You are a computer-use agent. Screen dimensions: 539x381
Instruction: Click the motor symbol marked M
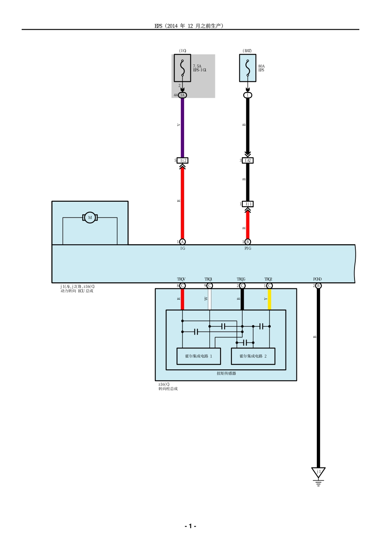pos(90,217)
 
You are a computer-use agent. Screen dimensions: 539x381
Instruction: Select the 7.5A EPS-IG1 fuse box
pos(182,68)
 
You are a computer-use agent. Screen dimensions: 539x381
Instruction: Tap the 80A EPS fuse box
pos(247,68)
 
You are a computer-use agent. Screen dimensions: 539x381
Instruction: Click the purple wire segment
pos(182,126)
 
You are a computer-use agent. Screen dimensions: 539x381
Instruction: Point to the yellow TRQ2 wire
pos(270,299)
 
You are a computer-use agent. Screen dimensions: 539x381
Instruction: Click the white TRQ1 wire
pos(209,299)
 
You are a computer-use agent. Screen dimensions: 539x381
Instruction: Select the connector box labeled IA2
pos(248,160)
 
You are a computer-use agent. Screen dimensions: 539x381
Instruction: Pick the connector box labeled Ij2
pos(182,160)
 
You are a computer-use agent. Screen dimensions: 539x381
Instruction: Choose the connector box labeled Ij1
pos(248,204)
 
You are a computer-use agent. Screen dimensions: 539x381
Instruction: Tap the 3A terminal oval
pos(182,95)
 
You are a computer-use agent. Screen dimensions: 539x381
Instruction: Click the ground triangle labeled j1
pos(318,472)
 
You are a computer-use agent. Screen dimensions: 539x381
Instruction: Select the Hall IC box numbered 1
pos(199,356)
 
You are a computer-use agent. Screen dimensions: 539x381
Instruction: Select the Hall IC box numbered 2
pos(253,356)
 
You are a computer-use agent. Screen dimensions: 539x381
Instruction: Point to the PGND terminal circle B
pos(318,286)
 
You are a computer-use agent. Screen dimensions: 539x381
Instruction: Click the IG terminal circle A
pos(182,242)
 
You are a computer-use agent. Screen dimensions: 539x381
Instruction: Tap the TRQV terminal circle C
pos(182,286)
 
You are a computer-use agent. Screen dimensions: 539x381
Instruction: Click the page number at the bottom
pos(190,526)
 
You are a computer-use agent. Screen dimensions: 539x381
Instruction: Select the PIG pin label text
pos(248,249)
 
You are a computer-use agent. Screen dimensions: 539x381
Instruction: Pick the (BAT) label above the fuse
pos(247,51)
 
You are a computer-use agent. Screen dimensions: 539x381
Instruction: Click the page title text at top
pos(189,26)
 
